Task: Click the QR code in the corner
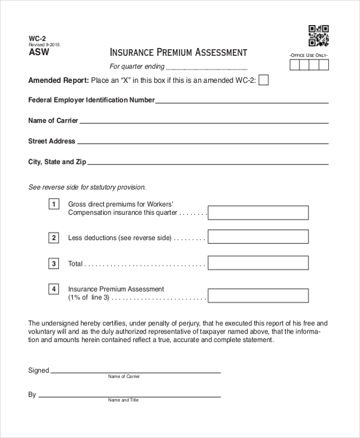point(319,35)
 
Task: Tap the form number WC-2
point(37,38)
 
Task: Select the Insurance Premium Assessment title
point(178,52)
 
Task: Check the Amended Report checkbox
point(263,80)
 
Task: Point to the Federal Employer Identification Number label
point(91,100)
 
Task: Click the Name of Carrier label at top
point(53,121)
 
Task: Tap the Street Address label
point(52,141)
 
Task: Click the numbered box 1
point(54,204)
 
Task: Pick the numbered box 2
point(54,238)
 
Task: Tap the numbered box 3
point(54,263)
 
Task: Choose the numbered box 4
point(54,289)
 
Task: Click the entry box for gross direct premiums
point(258,212)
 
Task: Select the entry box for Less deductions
point(258,238)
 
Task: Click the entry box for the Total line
point(258,263)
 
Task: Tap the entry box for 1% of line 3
point(258,295)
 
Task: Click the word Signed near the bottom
point(38,370)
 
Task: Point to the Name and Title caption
point(123,400)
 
